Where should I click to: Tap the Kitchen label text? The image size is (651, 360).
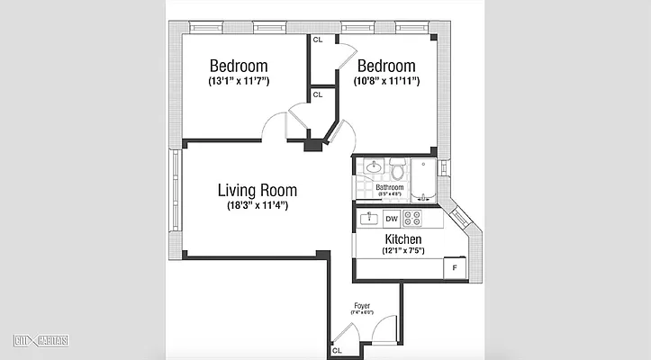[403, 239]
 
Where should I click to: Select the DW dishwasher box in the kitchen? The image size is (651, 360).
[392, 219]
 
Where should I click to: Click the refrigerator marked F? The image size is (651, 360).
[454, 268]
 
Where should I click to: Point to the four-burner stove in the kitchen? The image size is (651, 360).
[413, 219]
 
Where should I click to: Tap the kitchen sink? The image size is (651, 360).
[368, 219]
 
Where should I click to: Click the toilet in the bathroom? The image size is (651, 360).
[397, 167]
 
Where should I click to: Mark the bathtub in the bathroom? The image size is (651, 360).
[423, 178]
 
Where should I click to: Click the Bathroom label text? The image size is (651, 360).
[389, 187]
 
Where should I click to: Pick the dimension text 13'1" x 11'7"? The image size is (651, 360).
[239, 82]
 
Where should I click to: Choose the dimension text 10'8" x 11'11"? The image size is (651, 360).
[386, 82]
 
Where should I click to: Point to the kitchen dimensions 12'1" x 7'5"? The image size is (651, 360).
[403, 253]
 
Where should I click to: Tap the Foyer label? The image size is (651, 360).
[362, 305]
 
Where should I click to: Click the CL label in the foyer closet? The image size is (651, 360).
[337, 351]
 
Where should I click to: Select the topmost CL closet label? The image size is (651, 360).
[318, 40]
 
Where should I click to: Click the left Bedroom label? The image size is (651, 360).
[239, 66]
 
